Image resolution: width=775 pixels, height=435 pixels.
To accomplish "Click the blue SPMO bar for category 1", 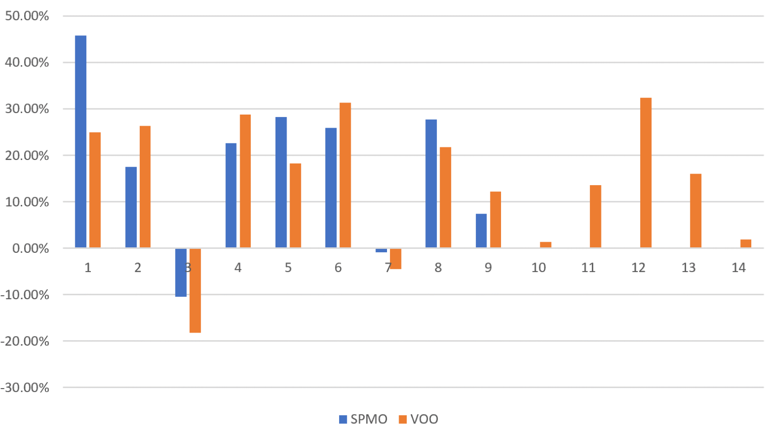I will [81, 141].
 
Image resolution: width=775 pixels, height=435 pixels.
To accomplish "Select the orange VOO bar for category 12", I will [645, 173].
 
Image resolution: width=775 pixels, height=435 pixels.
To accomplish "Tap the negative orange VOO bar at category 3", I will [195, 290].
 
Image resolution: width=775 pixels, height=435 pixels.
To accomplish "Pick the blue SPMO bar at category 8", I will [431, 184].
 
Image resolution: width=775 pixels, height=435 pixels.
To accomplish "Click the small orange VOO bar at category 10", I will [545, 245].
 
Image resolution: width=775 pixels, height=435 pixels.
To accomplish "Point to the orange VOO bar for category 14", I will [745, 243].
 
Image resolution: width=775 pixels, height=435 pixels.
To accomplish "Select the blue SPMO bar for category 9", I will [481, 231].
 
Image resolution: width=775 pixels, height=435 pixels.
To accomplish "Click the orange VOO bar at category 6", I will [345, 175].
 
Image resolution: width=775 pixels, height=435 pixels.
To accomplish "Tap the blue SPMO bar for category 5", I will [281, 182].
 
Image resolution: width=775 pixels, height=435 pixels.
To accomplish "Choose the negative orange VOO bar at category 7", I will [396, 258].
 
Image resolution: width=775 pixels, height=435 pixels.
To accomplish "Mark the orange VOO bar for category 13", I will [695, 210].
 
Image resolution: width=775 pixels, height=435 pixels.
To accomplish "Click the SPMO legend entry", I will [363, 419].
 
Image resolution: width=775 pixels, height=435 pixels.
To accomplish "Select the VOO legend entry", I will [418, 419].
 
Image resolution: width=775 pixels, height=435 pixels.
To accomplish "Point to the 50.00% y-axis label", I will [27, 16].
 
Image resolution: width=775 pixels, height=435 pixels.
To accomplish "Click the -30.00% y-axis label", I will [25, 388].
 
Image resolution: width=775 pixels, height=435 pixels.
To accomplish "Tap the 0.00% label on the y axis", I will [30, 248].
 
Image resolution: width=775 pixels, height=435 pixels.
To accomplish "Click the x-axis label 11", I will [588, 267].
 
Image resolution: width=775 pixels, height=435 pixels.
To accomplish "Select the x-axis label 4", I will [238, 267].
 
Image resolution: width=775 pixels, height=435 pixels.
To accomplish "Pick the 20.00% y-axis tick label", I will [27, 155].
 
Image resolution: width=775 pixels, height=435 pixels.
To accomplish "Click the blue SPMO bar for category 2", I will [131, 207].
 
